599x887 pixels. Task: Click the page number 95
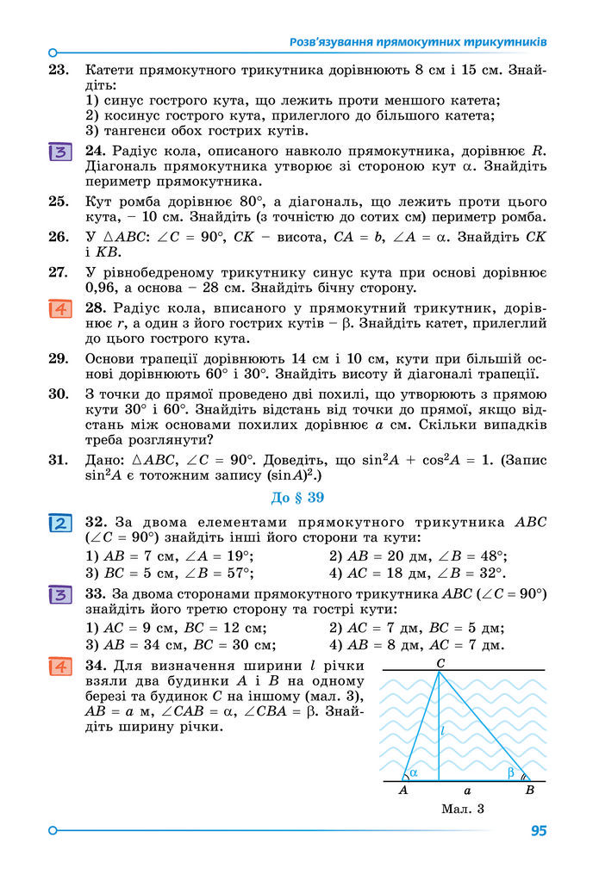[x=539, y=831]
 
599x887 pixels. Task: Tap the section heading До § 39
[x=299, y=497]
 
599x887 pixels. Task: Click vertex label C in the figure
[x=440, y=662]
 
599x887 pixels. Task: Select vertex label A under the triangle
[x=402, y=790]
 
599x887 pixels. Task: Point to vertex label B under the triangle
[x=529, y=790]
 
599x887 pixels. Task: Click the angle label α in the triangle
[x=414, y=772]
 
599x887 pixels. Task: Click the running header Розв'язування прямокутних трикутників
[x=418, y=41]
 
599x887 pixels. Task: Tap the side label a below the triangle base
[x=467, y=790]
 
